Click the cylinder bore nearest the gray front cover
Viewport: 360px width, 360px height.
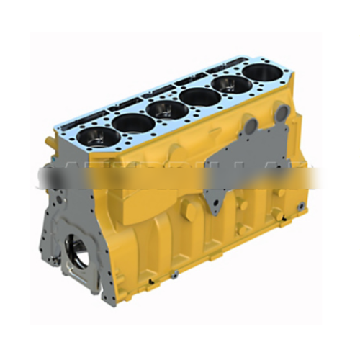point(94,137)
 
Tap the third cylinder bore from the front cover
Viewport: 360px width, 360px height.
point(164,109)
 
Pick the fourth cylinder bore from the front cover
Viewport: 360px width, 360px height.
point(197,96)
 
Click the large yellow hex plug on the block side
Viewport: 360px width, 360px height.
point(189,211)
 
